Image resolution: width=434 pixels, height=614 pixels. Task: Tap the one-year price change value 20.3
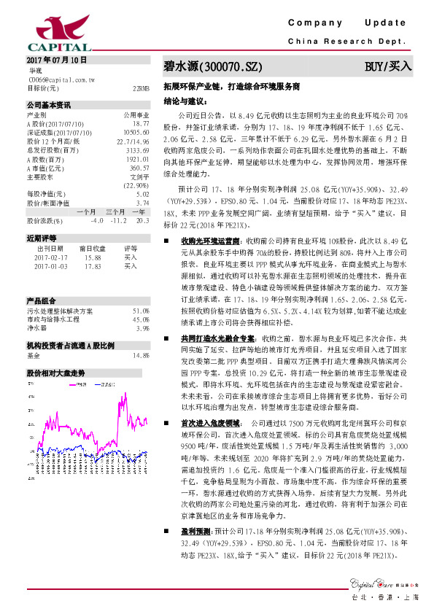[142, 219]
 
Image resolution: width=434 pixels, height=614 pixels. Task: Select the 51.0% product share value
[141, 311]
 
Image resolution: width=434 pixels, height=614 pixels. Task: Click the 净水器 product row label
[37, 327]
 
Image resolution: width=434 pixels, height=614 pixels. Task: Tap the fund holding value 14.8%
[141, 355]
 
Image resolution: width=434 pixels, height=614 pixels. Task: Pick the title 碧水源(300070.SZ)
[212, 67]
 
